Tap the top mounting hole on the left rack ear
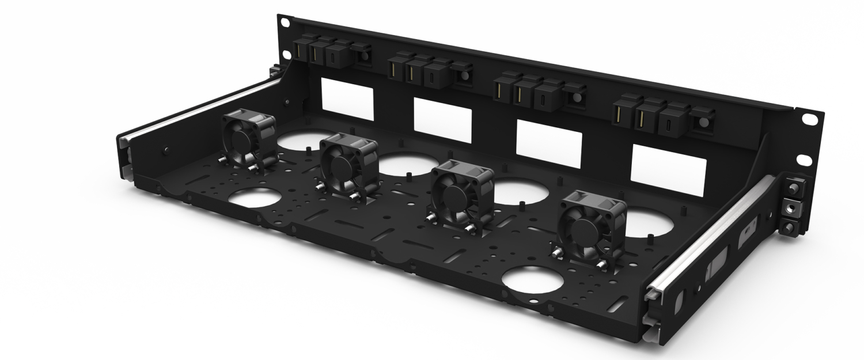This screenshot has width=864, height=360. coord(284,22)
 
